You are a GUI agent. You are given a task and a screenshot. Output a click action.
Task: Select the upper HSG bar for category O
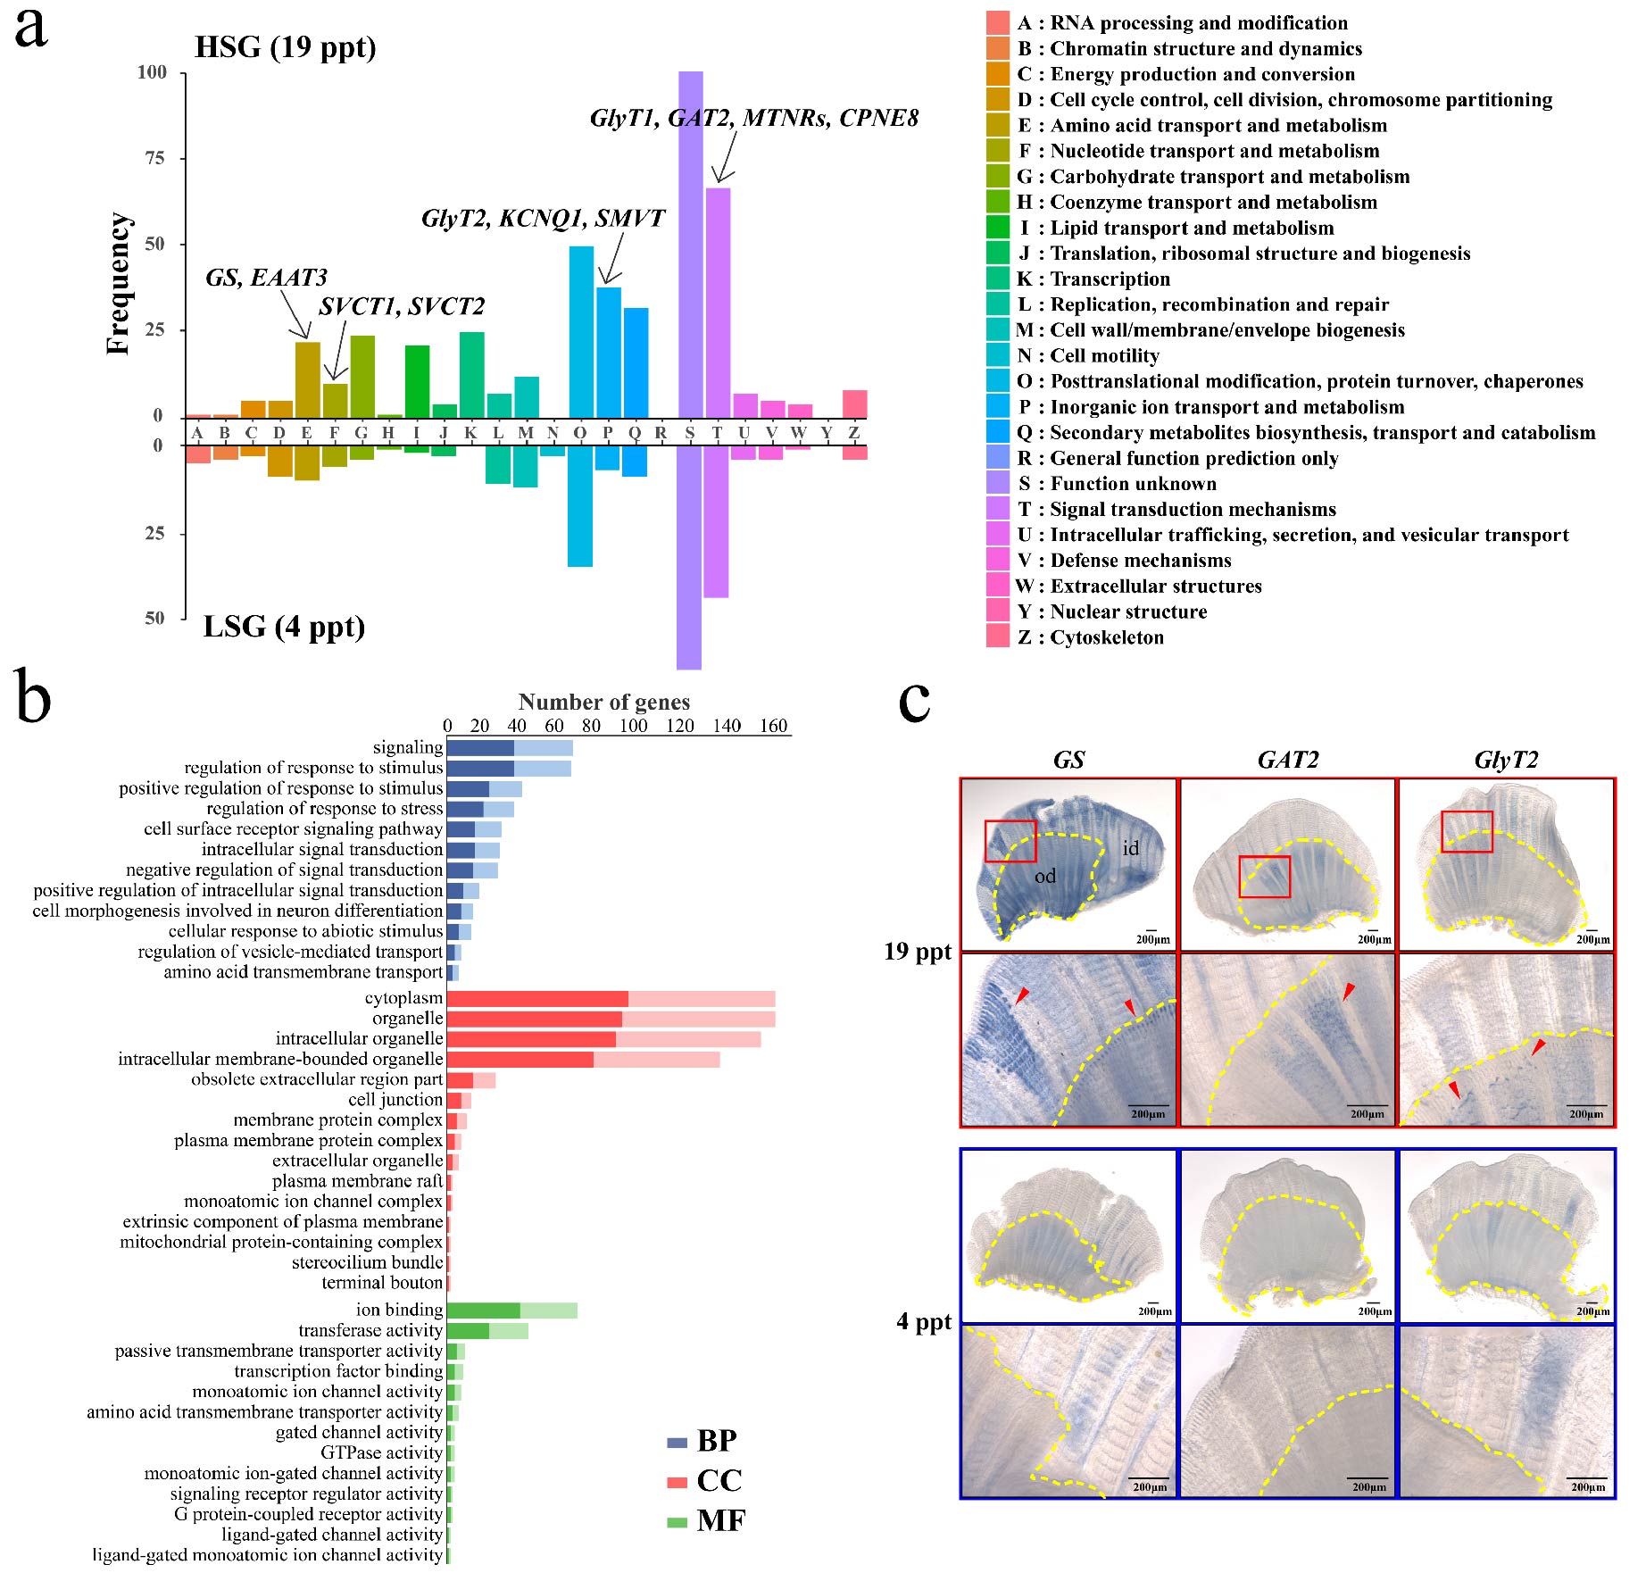[581, 331]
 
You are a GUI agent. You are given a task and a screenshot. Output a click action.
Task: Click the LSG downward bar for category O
[580, 506]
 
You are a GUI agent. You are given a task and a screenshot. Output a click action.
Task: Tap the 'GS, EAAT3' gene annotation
[266, 278]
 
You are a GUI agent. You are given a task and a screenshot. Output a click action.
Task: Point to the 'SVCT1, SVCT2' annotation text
[402, 307]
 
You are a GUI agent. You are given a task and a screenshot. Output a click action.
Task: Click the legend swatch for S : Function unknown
[997, 483]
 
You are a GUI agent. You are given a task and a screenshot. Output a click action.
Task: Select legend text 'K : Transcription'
[1093, 279]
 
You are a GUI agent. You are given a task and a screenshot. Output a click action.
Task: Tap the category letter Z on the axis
[854, 433]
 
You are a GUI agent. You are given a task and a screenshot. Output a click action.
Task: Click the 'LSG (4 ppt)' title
[284, 627]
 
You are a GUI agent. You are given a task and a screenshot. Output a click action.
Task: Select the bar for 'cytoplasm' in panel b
[611, 998]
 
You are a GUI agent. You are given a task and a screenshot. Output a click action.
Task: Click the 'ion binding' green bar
[511, 1311]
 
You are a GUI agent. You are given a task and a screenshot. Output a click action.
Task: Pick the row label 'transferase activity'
[370, 1331]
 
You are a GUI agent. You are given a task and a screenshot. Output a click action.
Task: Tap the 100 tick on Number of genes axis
[633, 726]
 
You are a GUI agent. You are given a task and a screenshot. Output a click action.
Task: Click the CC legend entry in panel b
[705, 1481]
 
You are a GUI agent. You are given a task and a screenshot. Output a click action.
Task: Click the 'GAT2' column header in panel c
[1287, 760]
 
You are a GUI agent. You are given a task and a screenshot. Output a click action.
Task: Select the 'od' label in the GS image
[1044, 876]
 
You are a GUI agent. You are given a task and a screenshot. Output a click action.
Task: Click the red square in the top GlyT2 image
[1467, 831]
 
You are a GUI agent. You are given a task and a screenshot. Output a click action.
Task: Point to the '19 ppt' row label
[918, 952]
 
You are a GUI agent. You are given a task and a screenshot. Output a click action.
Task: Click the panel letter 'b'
[33, 703]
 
